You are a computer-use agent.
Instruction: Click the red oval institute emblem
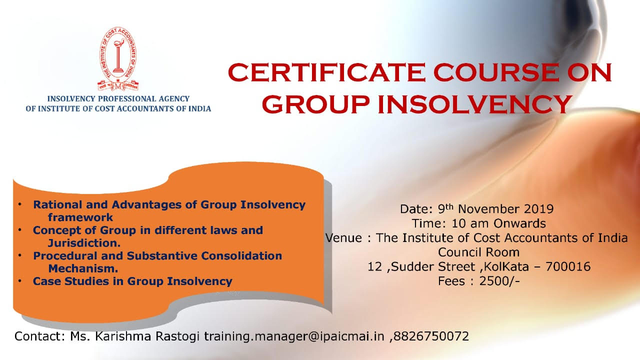(118, 59)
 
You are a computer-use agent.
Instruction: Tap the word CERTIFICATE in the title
(327, 72)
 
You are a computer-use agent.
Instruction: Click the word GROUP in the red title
(315, 104)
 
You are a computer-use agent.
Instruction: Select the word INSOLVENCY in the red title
(474, 104)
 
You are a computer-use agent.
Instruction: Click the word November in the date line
(489, 209)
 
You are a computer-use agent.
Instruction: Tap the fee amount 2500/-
(499, 281)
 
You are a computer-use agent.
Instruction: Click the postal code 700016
(568, 267)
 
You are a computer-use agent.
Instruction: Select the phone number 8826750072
(431, 336)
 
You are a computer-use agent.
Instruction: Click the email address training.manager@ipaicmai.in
(294, 336)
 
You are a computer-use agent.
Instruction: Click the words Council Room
(479, 252)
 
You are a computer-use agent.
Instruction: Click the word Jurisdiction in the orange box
(82, 243)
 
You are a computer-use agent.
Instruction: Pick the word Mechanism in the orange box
(81, 268)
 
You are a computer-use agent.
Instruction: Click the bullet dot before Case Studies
(20, 281)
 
